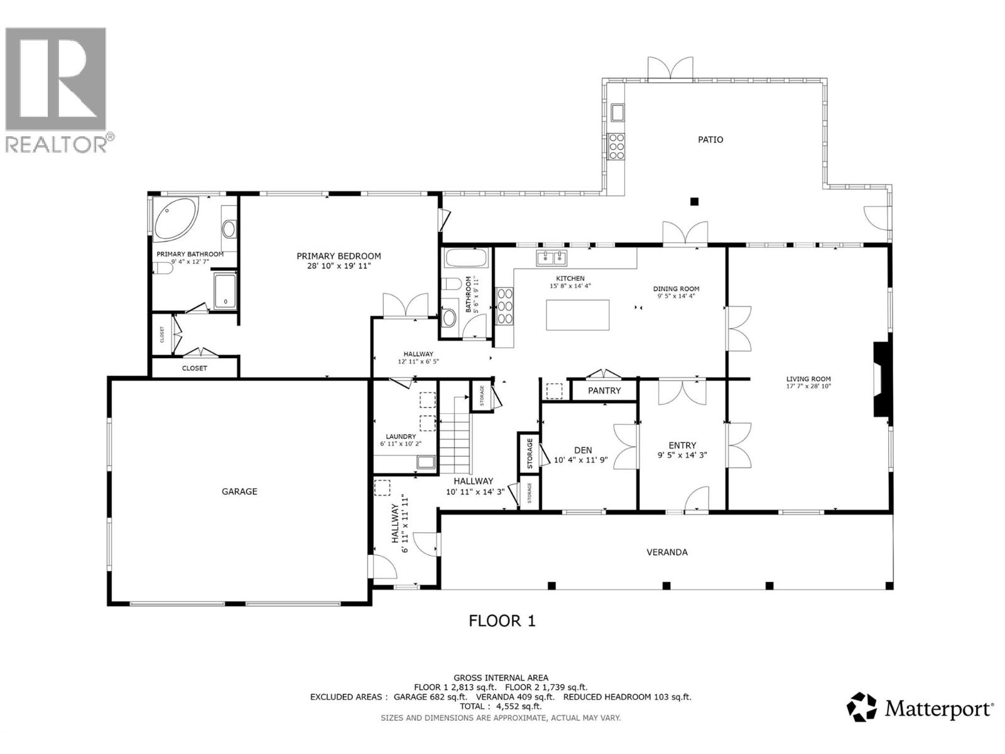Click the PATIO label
pyautogui.click(x=710, y=139)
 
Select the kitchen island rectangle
pyautogui.click(x=577, y=315)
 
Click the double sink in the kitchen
pyautogui.click(x=551, y=257)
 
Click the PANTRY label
pyautogui.click(x=604, y=391)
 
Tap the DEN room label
pyautogui.click(x=583, y=451)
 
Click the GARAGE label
pyautogui.click(x=239, y=491)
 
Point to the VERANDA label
pyautogui.click(x=667, y=552)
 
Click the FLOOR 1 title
pyautogui.click(x=502, y=621)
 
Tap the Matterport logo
pyautogui.click(x=920, y=709)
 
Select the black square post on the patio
pyautogui.click(x=694, y=202)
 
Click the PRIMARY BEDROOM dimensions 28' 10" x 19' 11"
pyautogui.click(x=339, y=266)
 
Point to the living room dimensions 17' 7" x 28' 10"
pyautogui.click(x=808, y=386)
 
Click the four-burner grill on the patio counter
pyautogui.click(x=617, y=146)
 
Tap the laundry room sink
pyautogui.click(x=426, y=463)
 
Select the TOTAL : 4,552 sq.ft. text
pyautogui.click(x=501, y=706)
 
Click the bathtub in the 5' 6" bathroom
pyautogui.click(x=466, y=259)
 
